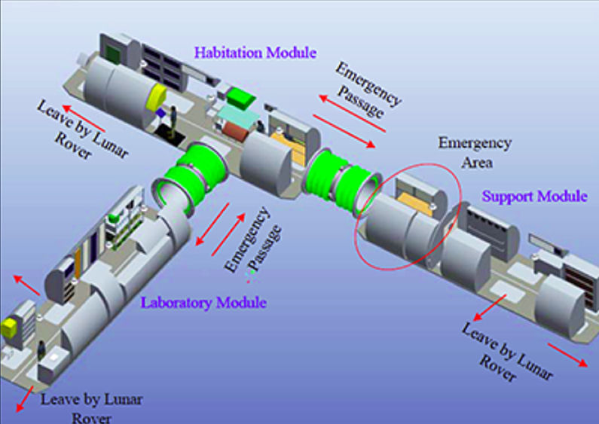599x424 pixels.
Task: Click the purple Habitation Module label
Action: (255, 53)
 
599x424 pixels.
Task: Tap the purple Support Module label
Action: (535, 197)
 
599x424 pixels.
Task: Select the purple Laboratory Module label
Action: (203, 303)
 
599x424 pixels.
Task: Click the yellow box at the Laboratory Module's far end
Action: (11, 326)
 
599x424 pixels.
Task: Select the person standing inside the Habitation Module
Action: (173, 119)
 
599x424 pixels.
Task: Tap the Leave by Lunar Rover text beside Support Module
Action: (506, 351)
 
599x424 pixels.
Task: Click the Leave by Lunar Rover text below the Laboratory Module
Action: (91, 407)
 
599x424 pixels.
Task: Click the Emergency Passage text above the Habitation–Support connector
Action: (368, 90)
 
